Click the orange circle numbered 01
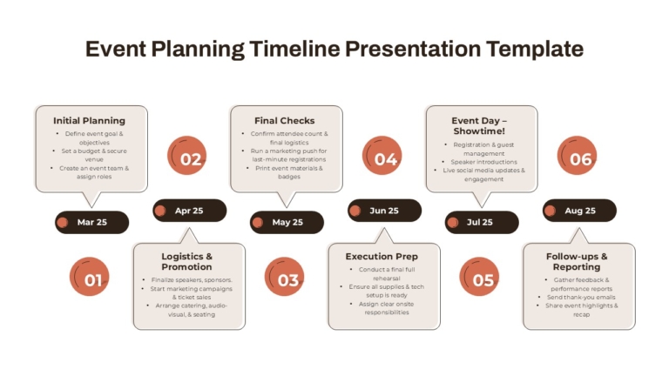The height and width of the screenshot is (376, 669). pyautogui.click(x=89, y=276)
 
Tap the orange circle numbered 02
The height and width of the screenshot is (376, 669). pyautogui.click(x=187, y=156)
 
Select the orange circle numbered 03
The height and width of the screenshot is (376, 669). pyautogui.click(x=284, y=276)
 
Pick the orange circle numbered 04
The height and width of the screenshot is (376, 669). pyautogui.click(x=382, y=156)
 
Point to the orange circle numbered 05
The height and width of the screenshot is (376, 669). pyautogui.click(x=479, y=276)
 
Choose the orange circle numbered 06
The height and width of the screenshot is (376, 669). pyautogui.click(x=577, y=156)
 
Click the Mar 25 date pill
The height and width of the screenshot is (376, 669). pyautogui.click(x=91, y=222)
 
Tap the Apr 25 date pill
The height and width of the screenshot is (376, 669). pyautogui.click(x=189, y=211)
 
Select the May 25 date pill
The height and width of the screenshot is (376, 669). pyautogui.click(x=287, y=222)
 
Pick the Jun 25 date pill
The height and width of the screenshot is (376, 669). pyautogui.click(x=384, y=211)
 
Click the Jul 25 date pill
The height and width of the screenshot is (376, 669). pyautogui.click(x=482, y=222)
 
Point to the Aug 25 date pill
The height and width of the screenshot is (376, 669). pyautogui.click(x=579, y=211)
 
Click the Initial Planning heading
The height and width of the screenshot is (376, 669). pyautogui.click(x=89, y=121)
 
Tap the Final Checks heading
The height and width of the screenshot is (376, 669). pyautogui.click(x=285, y=121)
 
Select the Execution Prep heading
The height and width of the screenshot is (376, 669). pyautogui.click(x=382, y=257)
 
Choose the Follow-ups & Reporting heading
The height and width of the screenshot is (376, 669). pyautogui.click(x=577, y=262)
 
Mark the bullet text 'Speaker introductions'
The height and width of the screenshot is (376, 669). pyautogui.click(x=483, y=162)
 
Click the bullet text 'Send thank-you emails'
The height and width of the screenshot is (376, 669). pyautogui.click(x=581, y=297)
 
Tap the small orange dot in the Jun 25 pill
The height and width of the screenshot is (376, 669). pyautogui.click(x=355, y=211)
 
